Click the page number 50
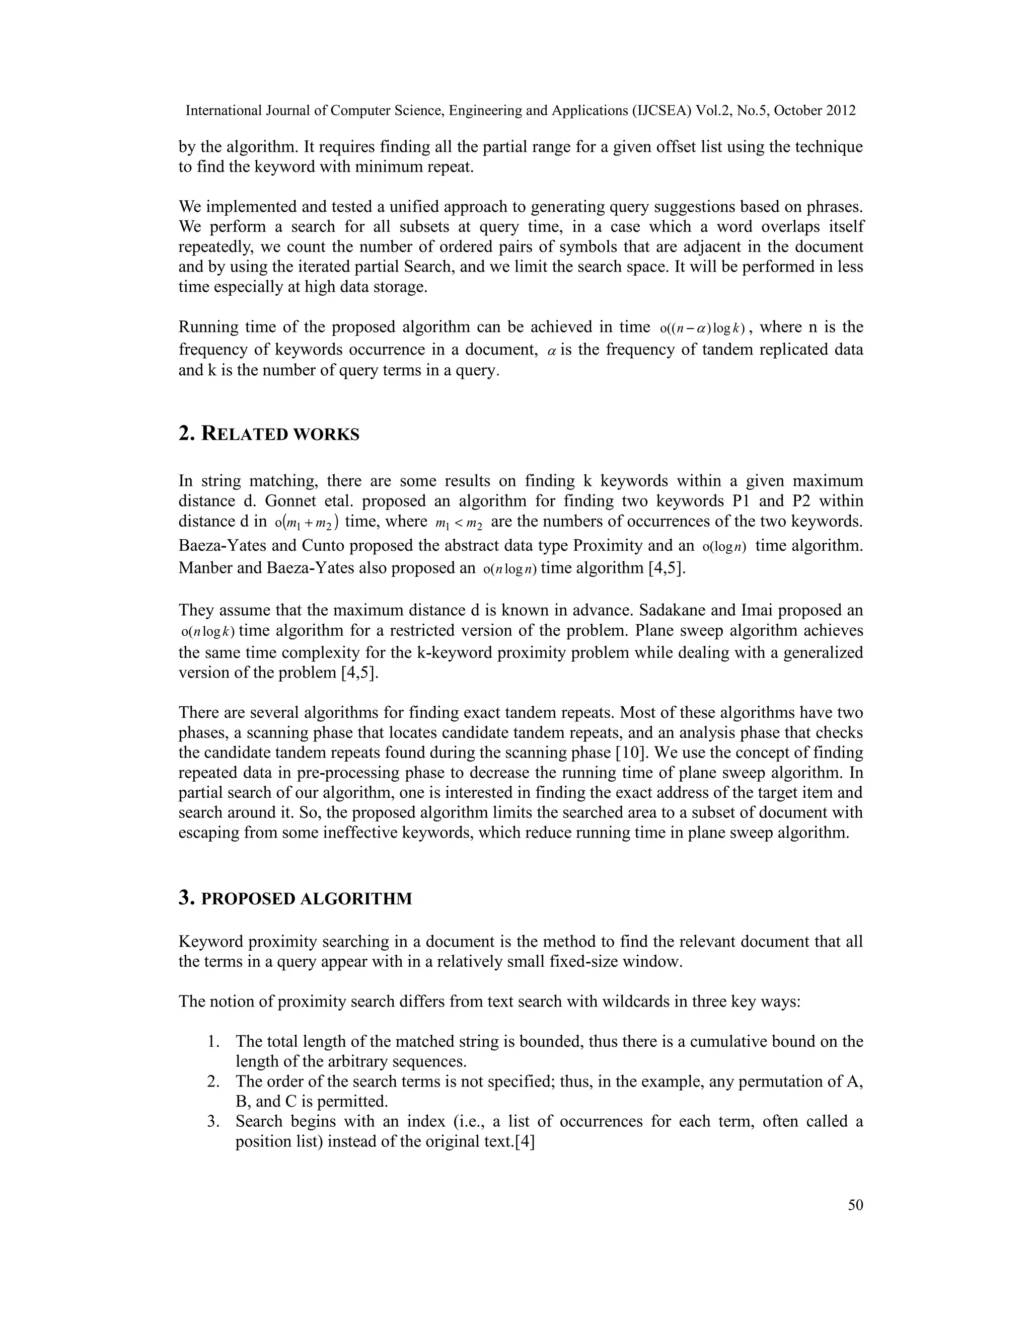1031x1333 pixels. [855, 1205]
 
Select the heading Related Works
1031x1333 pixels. [269, 434]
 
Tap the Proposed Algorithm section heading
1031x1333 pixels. [295, 898]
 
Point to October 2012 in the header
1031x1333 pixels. [815, 111]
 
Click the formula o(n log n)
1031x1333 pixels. [509, 570]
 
